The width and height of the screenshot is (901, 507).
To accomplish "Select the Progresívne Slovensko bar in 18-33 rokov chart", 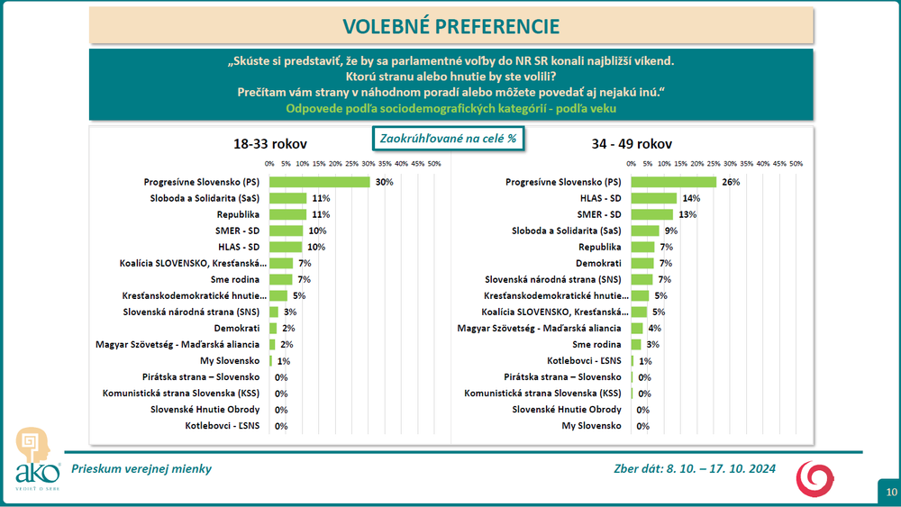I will pyautogui.click(x=319, y=182).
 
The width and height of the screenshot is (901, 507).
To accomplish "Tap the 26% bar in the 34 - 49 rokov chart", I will pyautogui.click(x=673, y=182).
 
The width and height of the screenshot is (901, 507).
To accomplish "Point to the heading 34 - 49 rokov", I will pyautogui.click(x=631, y=144).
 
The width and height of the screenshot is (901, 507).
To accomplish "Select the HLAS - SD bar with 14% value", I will pyautogui.click(x=653, y=198).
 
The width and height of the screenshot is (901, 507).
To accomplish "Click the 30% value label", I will pyautogui.click(x=385, y=182).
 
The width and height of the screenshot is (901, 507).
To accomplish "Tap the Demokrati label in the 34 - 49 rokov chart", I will pyautogui.click(x=601, y=264).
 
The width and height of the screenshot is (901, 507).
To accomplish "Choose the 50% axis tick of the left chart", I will pyautogui.click(x=433, y=164).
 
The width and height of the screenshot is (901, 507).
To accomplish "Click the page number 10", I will pyautogui.click(x=890, y=492).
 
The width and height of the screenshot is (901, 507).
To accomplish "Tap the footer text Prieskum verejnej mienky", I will pyautogui.click(x=142, y=469).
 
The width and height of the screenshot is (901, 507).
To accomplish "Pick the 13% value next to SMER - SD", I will pyautogui.click(x=688, y=215).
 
